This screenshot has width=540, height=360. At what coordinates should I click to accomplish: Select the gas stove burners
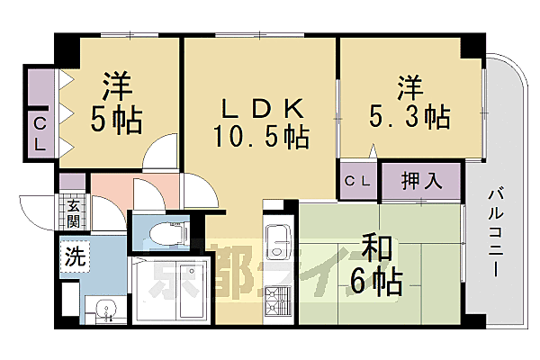click(277, 300)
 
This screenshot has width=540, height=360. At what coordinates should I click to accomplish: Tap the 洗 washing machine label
click(76, 256)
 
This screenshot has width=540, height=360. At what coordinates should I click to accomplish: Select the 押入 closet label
click(419, 179)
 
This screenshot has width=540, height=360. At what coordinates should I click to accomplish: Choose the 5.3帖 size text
click(409, 117)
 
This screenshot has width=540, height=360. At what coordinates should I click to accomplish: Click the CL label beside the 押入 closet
click(357, 180)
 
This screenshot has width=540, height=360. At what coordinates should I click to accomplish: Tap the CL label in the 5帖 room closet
click(40, 133)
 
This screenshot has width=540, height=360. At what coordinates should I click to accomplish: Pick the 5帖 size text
click(117, 120)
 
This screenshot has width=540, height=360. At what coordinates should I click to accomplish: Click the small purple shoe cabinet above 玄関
click(71, 182)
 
